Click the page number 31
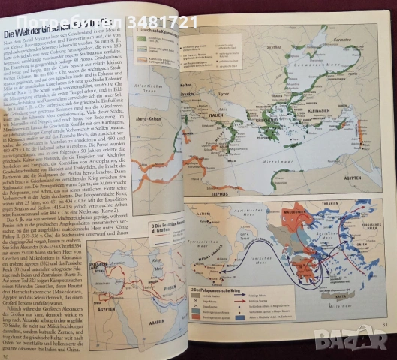(383, 344)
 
